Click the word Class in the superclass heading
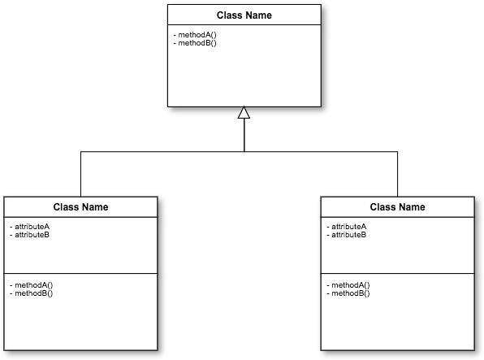(x=230, y=15)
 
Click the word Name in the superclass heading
(x=258, y=15)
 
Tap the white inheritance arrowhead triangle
(x=244, y=113)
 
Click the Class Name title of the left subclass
(x=80, y=207)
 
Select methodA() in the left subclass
(x=33, y=285)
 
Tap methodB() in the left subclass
(x=33, y=293)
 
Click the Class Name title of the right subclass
(x=397, y=207)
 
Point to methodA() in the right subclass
(x=350, y=285)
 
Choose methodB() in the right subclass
(x=350, y=293)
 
